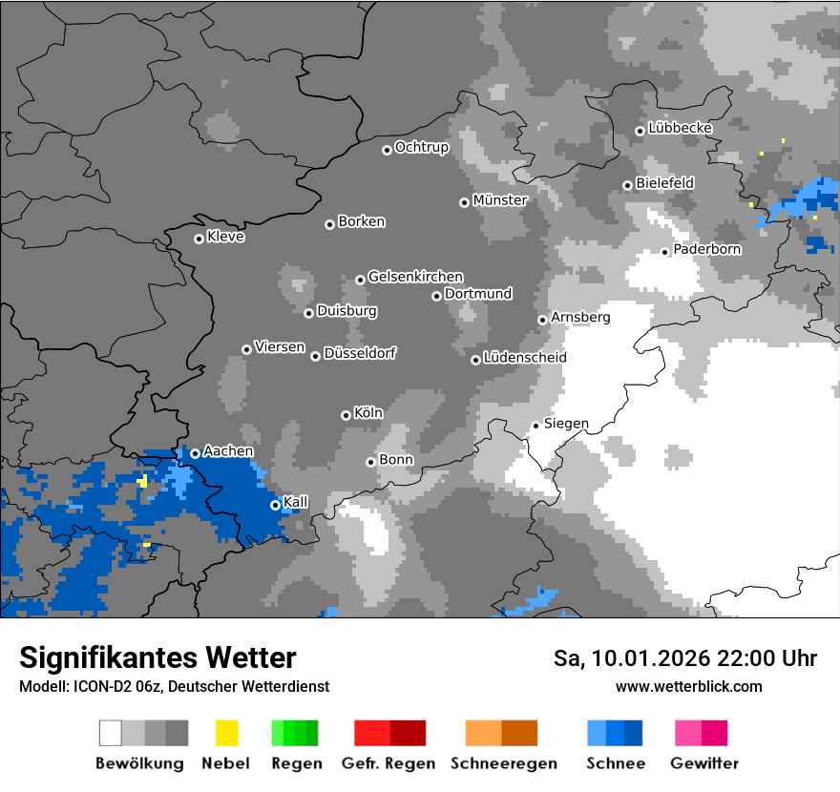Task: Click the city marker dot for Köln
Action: click(x=346, y=415)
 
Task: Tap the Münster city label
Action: click(x=500, y=200)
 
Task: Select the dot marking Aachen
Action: click(x=195, y=453)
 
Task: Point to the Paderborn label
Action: click(x=707, y=249)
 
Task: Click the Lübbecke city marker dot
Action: click(x=640, y=131)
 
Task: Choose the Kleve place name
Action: click(x=226, y=237)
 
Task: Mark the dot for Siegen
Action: click(x=535, y=426)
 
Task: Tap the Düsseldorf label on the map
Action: click(x=360, y=353)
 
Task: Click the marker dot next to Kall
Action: click(x=275, y=505)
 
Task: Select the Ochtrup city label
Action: click(x=422, y=147)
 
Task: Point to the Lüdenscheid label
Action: click(x=525, y=358)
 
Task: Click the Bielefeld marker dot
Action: click(x=627, y=185)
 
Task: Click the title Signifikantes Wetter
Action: click(x=157, y=657)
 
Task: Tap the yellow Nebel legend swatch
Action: click(x=226, y=733)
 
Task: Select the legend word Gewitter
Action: click(x=704, y=763)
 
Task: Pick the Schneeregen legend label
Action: click(x=503, y=763)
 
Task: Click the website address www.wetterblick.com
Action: click(x=688, y=686)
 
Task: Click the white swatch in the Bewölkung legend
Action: click(x=111, y=733)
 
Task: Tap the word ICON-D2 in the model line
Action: click(x=94, y=686)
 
